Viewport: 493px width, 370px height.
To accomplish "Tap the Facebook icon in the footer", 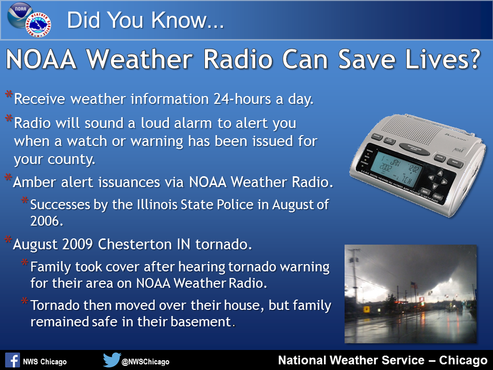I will tap(12, 361).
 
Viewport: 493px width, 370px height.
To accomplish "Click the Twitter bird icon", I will tap(111, 360).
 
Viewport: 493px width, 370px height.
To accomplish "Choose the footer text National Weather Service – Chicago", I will tap(382, 360).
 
